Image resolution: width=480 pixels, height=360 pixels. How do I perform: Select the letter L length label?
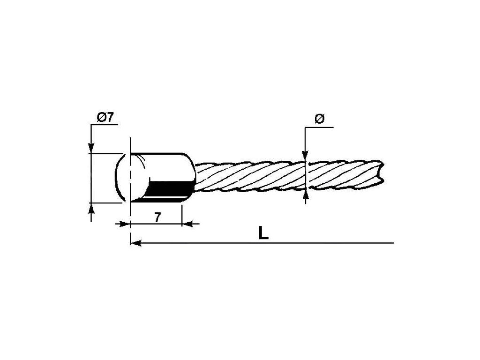pyautogui.click(x=264, y=233)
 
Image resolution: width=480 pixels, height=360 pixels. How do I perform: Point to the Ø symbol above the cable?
pyautogui.click(x=319, y=119)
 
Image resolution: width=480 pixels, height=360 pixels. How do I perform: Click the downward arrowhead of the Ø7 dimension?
pyautogui.click(x=91, y=147)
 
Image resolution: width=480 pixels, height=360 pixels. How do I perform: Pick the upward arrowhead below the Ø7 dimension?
pyautogui.click(x=91, y=209)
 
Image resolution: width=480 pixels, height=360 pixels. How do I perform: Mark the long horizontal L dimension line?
pyautogui.click(x=281, y=243)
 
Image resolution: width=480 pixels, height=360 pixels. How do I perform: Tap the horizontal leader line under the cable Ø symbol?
pyautogui.click(x=319, y=127)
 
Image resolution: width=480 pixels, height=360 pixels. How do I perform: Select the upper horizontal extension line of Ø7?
pyautogui.click(x=105, y=153)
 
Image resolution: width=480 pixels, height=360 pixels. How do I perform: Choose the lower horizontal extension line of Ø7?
pyautogui.click(x=105, y=203)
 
